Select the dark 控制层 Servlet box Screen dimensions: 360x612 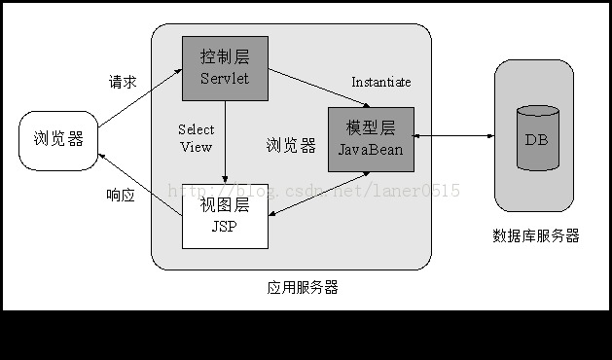[225, 67]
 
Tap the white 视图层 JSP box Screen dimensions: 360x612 [225, 216]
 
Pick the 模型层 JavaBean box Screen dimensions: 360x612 [371, 139]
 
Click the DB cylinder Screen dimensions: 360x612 [536, 138]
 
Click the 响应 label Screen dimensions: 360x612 [121, 195]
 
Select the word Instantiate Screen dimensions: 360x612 [380, 82]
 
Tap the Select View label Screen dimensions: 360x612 [196, 138]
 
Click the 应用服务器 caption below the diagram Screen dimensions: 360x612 [303, 287]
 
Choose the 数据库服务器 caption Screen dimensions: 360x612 [536, 235]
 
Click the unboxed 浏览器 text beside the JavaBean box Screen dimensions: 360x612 [291, 146]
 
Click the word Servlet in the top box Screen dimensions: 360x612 [225, 78]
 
